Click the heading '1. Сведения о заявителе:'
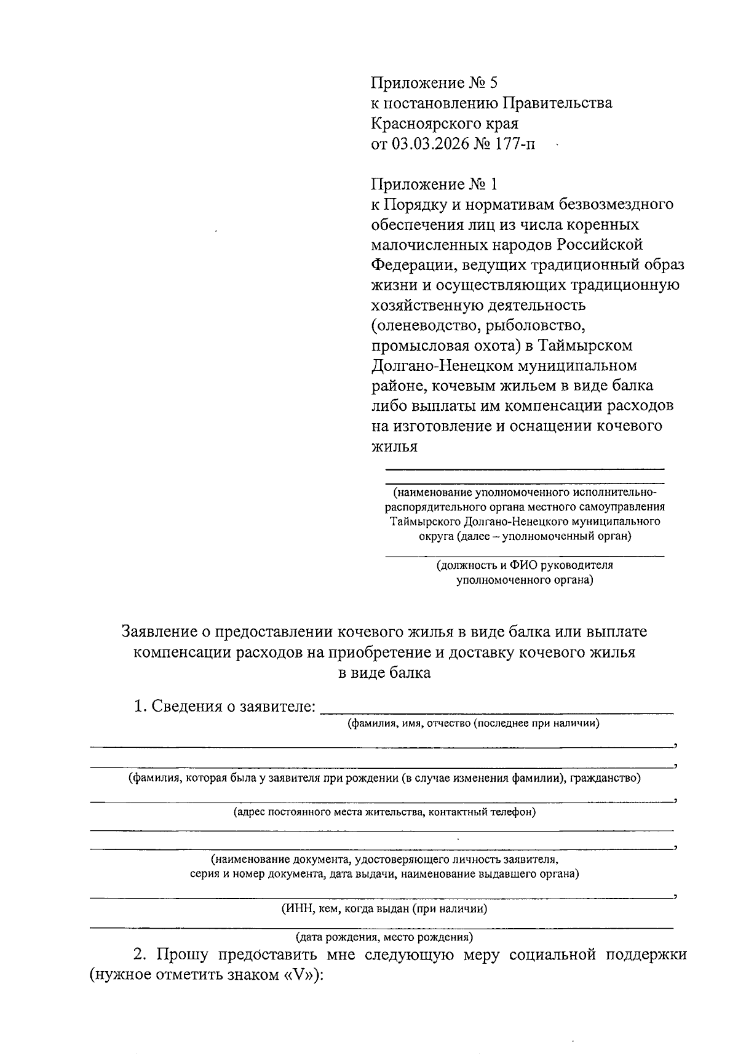[x=224, y=706]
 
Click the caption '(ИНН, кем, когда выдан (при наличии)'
[x=384, y=908]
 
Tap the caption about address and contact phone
[x=384, y=812]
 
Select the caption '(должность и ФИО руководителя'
[x=524, y=565]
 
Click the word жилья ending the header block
[x=394, y=447]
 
